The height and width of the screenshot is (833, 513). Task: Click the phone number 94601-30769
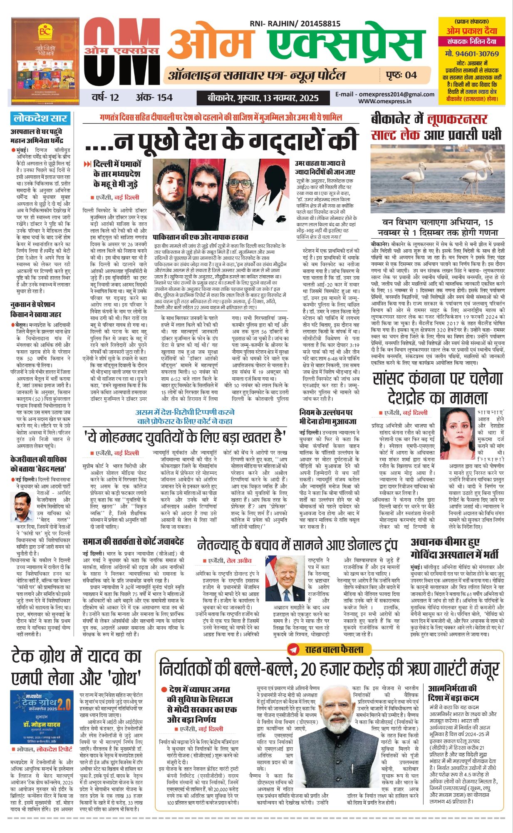click(471, 54)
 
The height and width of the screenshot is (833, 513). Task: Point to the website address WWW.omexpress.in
click(385, 101)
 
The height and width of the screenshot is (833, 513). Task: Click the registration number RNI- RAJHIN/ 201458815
click(295, 24)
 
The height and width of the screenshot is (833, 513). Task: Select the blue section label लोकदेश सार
click(40, 118)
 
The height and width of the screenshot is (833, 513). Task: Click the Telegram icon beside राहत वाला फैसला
click(293, 649)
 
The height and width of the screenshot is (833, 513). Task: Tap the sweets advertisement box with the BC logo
click(45, 61)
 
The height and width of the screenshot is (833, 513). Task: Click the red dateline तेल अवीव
click(239, 561)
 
